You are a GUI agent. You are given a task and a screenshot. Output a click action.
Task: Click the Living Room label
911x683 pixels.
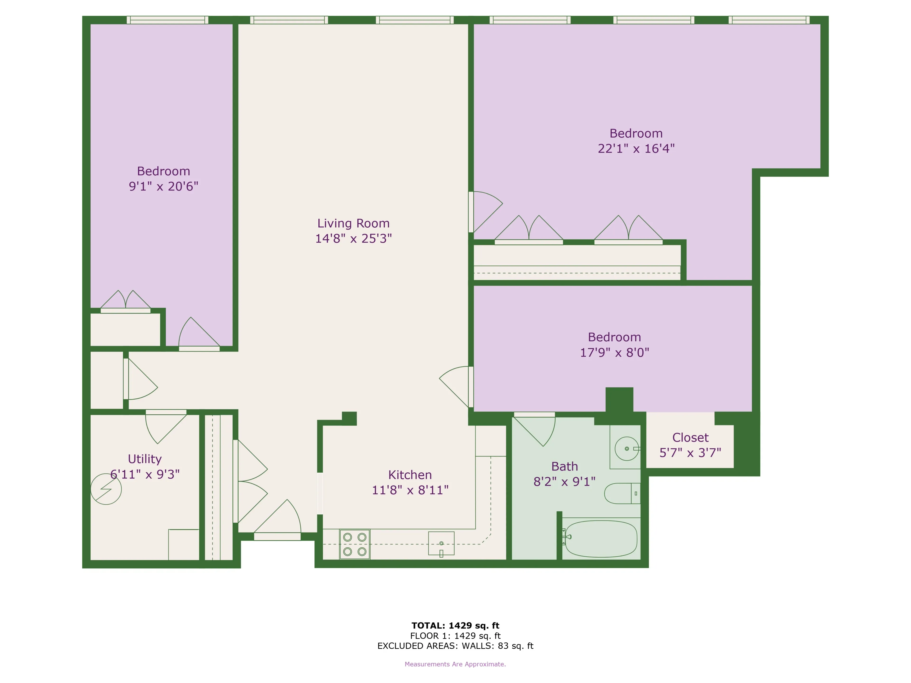tap(353, 223)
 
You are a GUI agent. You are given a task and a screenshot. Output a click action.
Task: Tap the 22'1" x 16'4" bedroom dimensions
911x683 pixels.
tap(636, 149)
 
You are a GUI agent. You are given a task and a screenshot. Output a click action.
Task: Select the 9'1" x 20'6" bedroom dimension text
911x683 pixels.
tap(163, 186)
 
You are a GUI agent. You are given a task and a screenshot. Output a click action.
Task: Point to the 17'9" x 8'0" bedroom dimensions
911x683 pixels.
tap(614, 352)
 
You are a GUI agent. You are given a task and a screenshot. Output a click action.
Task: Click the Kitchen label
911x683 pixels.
tap(410, 475)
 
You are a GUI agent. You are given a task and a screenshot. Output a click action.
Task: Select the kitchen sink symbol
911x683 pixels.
tap(441, 544)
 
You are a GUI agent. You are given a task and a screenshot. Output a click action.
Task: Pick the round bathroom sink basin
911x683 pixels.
tap(626, 448)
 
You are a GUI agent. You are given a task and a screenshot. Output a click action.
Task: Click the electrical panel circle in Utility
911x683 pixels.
tap(106, 489)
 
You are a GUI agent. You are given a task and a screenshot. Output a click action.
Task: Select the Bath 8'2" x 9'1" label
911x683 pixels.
tap(564, 474)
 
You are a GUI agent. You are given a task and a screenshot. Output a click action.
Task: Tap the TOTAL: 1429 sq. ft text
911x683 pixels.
tap(455, 625)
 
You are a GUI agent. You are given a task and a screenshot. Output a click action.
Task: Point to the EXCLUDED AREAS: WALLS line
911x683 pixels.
tap(455, 646)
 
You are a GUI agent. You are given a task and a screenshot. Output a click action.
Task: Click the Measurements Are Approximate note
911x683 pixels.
tap(455, 664)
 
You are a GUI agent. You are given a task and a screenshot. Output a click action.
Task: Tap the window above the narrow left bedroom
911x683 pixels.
tap(167, 20)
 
